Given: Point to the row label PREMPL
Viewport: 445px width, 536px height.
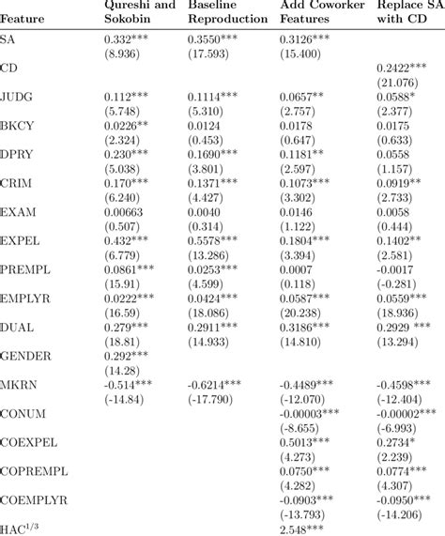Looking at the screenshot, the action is click(x=25, y=270).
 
